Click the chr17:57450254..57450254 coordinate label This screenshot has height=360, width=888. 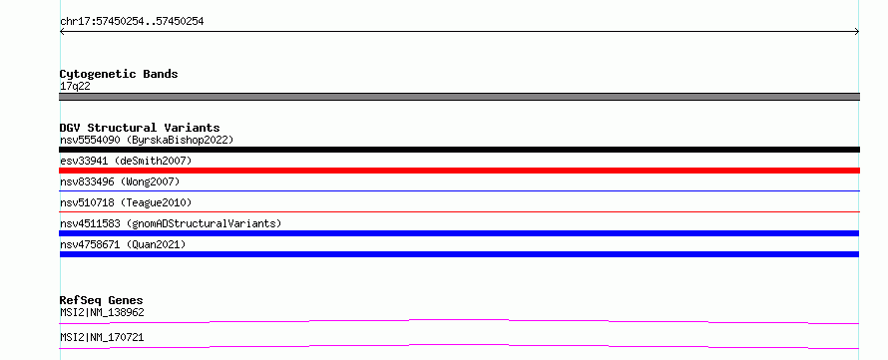pyautogui.click(x=132, y=22)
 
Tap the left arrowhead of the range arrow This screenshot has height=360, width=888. pyautogui.click(x=62, y=32)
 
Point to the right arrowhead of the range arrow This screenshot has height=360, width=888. pyautogui.click(x=857, y=32)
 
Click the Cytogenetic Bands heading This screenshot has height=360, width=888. pyautogui.click(x=119, y=74)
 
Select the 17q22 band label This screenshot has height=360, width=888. pyautogui.click(x=75, y=87)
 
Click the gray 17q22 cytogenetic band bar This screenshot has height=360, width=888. pyautogui.click(x=459, y=97)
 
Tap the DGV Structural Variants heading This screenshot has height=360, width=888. pyautogui.click(x=140, y=128)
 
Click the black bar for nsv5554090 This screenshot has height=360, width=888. pyautogui.click(x=459, y=150)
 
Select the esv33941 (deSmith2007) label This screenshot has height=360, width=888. pyautogui.click(x=126, y=161)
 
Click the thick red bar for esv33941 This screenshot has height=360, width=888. pyautogui.click(x=459, y=171)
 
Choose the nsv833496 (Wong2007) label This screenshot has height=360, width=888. pyautogui.click(x=120, y=181)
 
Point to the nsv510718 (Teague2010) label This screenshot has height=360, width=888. pyautogui.click(x=126, y=202)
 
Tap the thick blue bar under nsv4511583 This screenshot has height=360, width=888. pyautogui.click(x=459, y=233)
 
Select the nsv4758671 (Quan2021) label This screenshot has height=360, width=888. pyautogui.click(x=123, y=244)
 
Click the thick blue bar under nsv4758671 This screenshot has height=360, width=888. pyautogui.click(x=459, y=254)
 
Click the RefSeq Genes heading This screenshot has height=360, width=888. pyautogui.click(x=102, y=300)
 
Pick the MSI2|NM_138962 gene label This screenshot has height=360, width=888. pyautogui.click(x=102, y=312)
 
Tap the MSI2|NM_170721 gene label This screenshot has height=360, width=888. pyautogui.click(x=102, y=337)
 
